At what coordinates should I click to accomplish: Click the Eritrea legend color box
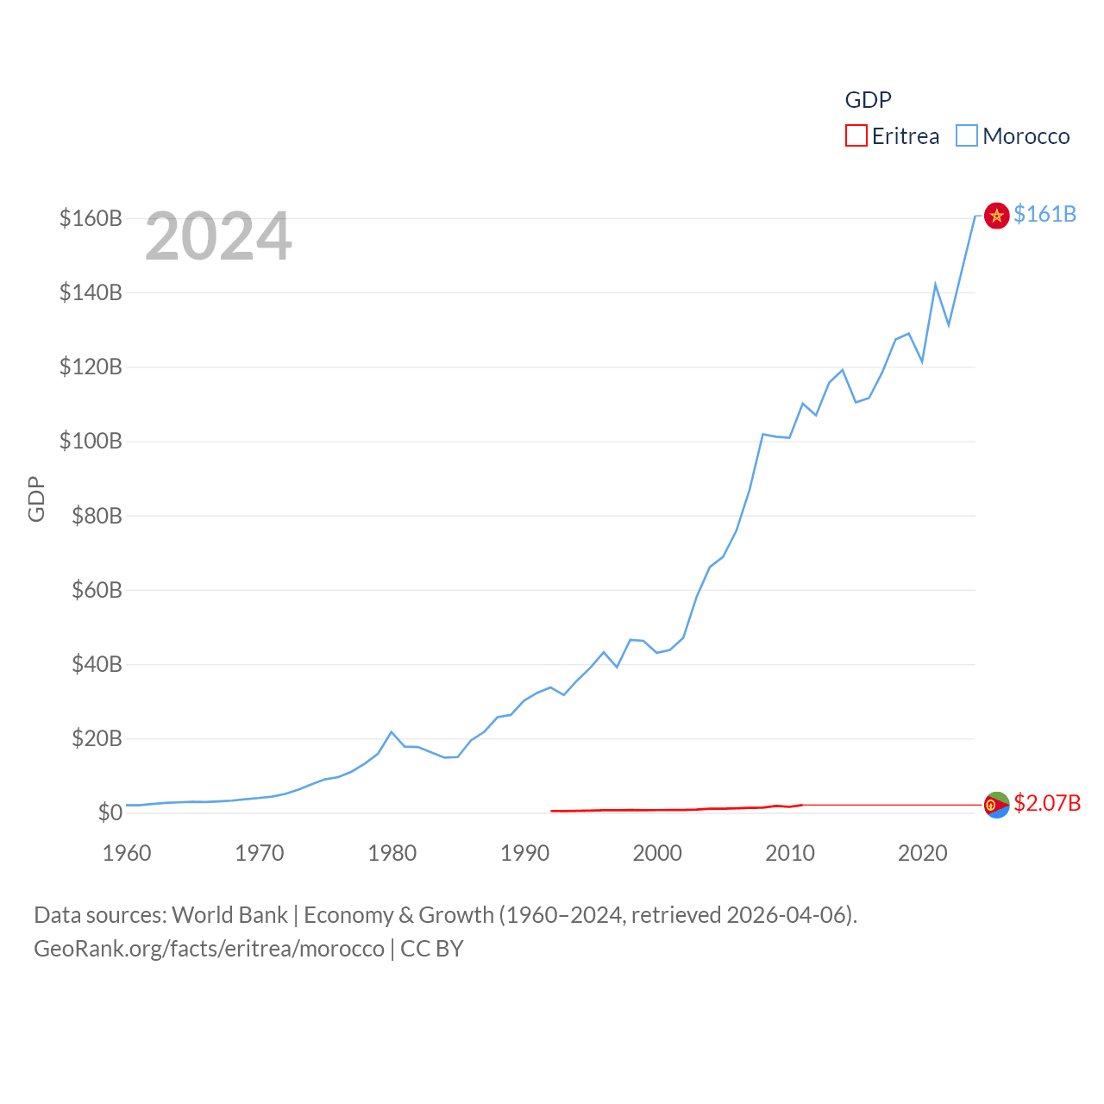[x=856, y=136]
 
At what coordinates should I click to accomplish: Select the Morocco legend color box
[x=967, y=136]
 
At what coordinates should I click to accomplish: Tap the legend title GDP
[x=868, y=100]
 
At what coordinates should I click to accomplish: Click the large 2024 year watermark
[x=218, y=236]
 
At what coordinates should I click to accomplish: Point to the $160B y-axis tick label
[x=91, y=218]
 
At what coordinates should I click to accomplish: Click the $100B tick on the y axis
[x=91, y=442]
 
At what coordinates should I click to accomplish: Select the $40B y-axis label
[x=97, y=664]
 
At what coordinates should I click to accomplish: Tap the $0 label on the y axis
[x=110, y=812]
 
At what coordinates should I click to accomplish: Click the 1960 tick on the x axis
[x=127, y=853]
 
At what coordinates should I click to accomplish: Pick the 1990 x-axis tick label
[x=524, y=853]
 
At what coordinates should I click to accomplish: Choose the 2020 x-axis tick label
[x=922, y=853]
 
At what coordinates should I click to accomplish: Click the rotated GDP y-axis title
[x=36, y=499]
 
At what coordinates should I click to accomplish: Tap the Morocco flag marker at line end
[x=996, y=215]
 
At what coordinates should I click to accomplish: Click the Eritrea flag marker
[x=996, y=805]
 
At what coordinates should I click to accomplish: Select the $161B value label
[x=1044, y=214]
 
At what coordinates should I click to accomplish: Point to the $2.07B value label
[x=1047, y=803]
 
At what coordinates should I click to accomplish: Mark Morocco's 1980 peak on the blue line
[x=392, y=732]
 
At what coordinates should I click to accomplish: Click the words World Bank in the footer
[x=229, y=914]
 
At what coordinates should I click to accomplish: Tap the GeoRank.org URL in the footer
[x=209, y=949]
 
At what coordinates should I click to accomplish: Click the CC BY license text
[x=432, y=949]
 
